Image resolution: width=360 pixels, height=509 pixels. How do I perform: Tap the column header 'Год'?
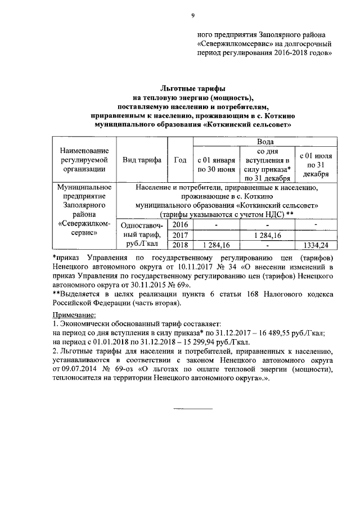pyautogui.click(x=180, y=160)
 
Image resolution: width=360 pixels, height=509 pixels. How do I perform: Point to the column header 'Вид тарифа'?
pyautogui.click(x=142, y=160)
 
